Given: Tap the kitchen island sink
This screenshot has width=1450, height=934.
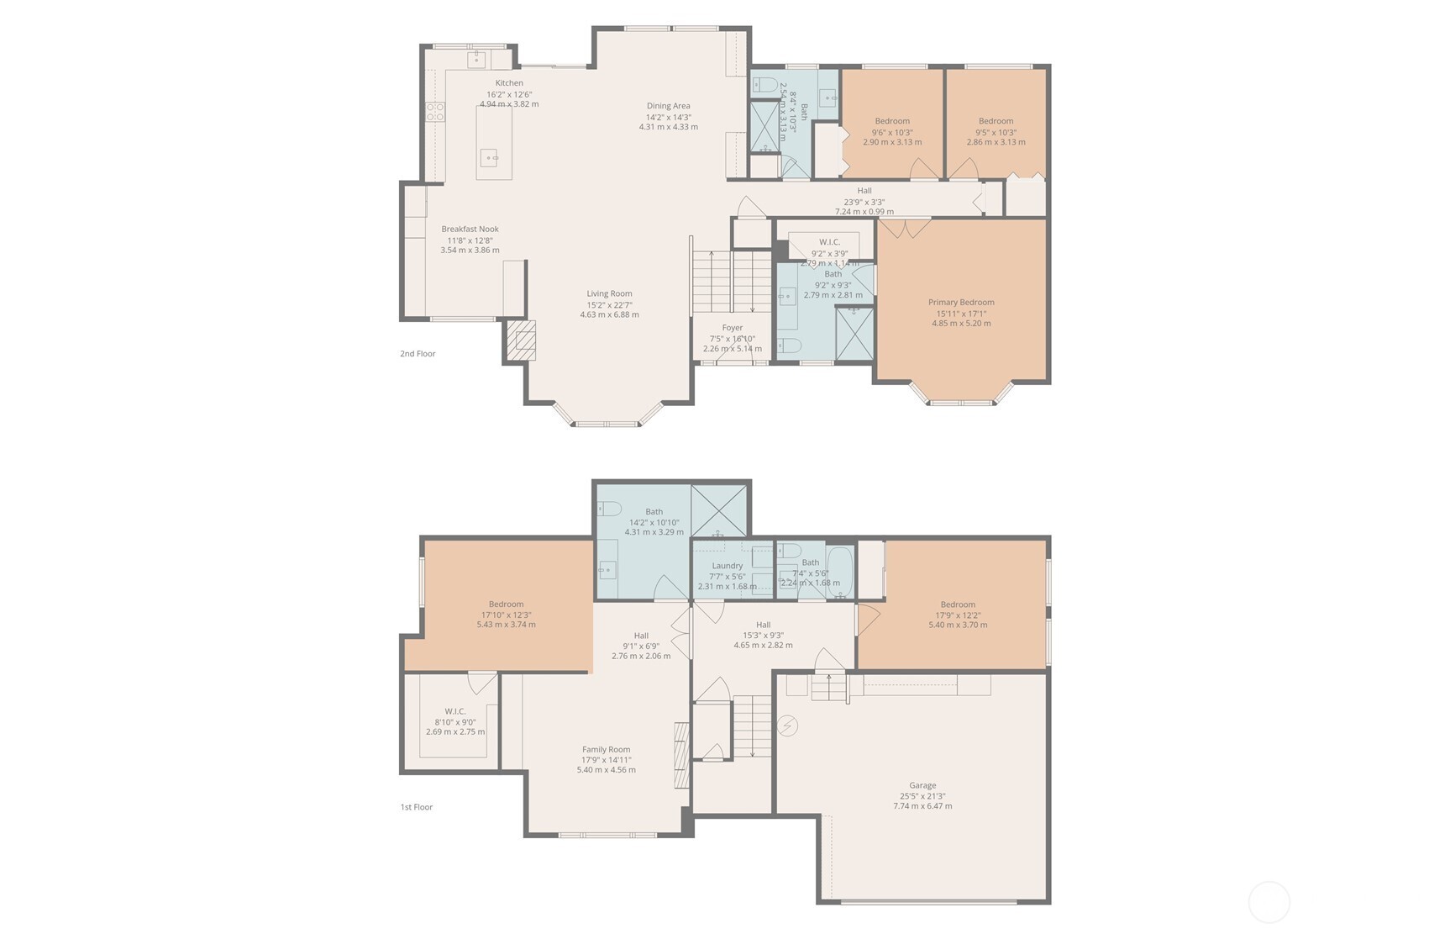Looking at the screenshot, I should pos(489,157).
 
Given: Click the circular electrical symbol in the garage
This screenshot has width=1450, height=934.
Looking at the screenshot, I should pos(787,726).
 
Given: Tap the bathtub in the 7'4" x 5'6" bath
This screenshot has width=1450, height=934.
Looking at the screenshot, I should pos(840,573).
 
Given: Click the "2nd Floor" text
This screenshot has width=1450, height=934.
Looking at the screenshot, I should pos(418,354).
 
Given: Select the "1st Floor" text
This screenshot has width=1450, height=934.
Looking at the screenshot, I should pos(416,807).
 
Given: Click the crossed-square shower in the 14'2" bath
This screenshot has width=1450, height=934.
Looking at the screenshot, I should pos(718,509).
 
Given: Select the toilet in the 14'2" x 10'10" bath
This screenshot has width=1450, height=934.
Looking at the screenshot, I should pos(609,509).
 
